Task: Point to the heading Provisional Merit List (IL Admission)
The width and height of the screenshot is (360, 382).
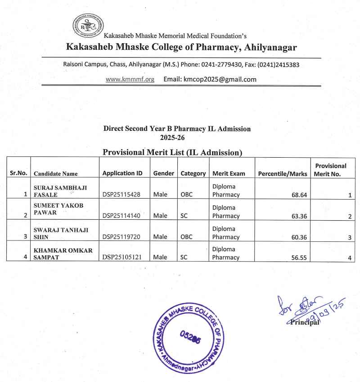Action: [172, 152]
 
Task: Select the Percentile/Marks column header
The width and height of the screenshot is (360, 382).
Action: [283, 173]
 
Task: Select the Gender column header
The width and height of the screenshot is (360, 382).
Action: [163, 173]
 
